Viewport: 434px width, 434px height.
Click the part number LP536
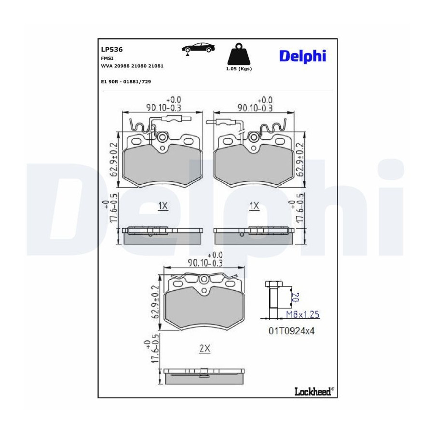pyautogui.click(x=112, y=50)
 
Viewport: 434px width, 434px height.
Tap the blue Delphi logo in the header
pyautogui.click(x=302, y=56)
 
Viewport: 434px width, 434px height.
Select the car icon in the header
pyautogui.click(x=198, y=48)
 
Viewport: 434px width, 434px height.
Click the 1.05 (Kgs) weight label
pyautogui.click(x=239, y=68)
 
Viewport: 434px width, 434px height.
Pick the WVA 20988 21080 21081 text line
pyautogui.click(x=132, y=66)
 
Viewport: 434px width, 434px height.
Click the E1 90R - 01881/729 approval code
pyautogui.click(x=126, y=81)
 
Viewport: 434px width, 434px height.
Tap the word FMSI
pyautogui.click(x=107, y=58)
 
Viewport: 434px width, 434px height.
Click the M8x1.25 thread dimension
pyautogui.click(x=302, y=314)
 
